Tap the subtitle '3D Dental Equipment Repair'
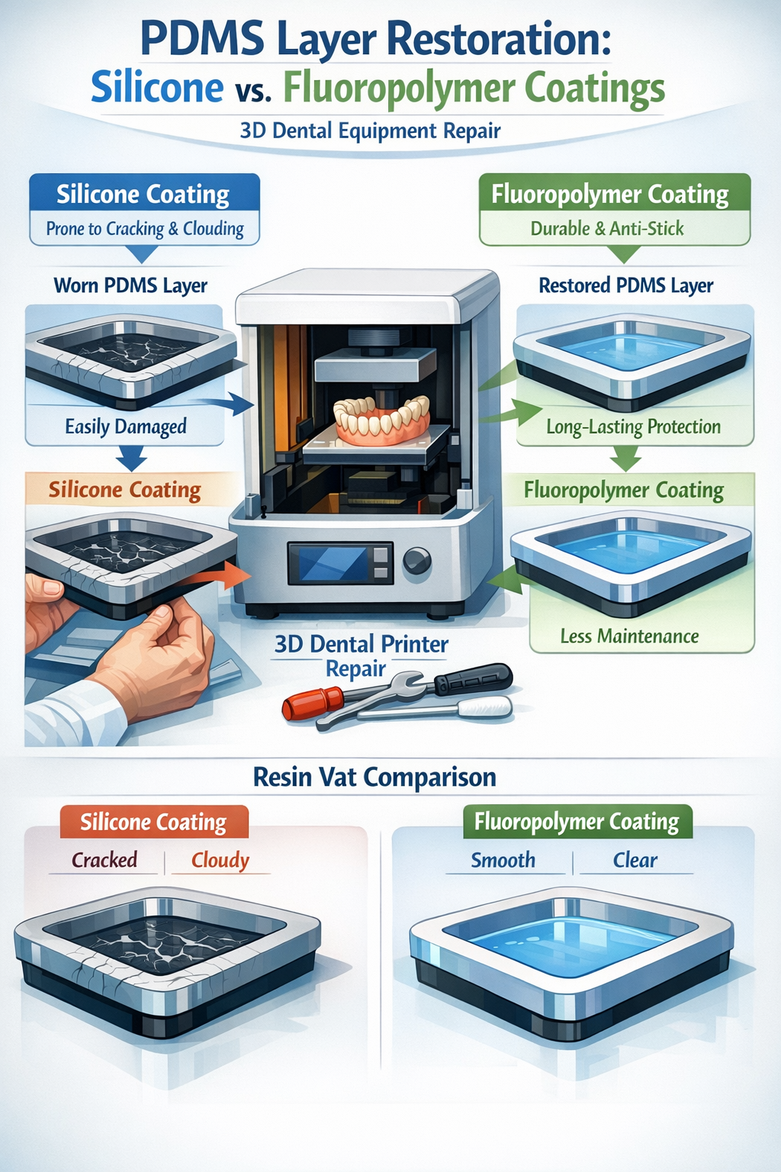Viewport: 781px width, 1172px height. point(370,131)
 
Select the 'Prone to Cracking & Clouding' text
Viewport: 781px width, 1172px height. point(145,229)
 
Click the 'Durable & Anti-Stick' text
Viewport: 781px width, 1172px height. point(607,229)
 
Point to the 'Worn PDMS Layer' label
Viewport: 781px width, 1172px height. point(130,286)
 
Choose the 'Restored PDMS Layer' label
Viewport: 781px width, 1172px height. point(625,286)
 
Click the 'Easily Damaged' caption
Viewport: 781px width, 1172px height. point(126,427)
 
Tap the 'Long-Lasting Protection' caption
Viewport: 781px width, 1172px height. point(633,427)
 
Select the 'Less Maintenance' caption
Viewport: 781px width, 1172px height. point(629,636)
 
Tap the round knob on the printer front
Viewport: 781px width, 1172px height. point(416,562)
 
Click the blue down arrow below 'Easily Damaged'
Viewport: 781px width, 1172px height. point(131,459)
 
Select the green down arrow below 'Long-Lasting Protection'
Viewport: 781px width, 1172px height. point(626,459)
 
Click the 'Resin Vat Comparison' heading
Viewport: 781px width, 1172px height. point(374,778)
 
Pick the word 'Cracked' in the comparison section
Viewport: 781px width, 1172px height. point(104,861)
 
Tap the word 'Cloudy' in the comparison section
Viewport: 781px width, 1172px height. point(220,861)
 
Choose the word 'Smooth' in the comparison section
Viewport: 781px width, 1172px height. point(503,861)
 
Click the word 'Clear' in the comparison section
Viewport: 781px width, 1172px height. point(635,861)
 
